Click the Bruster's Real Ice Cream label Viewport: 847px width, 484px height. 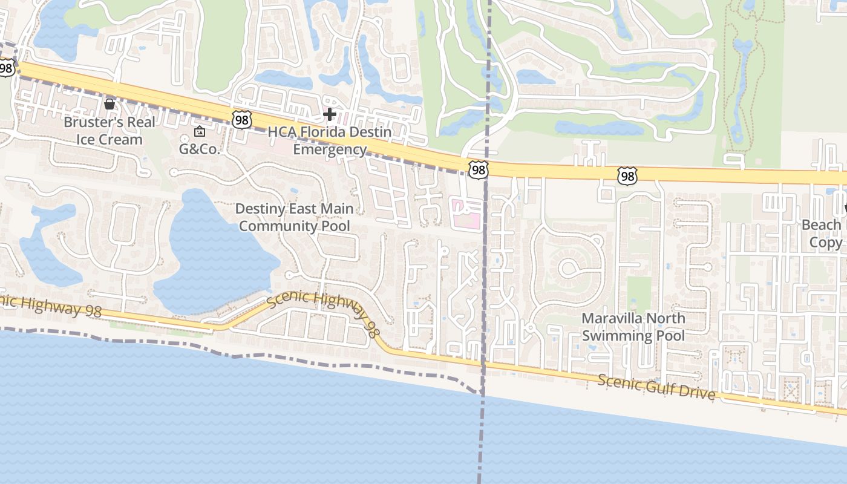[110, 131]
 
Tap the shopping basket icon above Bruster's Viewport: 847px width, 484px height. [110, 104]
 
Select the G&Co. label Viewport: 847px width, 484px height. [199, 149]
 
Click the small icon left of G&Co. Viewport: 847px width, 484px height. [199, 131]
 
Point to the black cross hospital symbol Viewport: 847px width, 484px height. [330, 114]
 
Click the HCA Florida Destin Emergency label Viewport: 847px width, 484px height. [330, 140]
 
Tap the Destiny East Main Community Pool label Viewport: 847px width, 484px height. [294, 217]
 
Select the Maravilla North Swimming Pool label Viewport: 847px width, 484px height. [633, 327]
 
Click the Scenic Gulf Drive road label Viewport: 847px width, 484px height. [656, 388]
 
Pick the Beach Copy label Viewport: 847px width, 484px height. [822, 234]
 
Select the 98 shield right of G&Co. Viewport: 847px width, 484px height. [241, 119]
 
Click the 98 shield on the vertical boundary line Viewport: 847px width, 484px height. [478, 170]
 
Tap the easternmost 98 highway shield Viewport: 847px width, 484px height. [627, 176]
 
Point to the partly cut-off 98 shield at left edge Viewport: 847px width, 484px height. [6, 68]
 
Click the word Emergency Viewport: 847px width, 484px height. [330, 149]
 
